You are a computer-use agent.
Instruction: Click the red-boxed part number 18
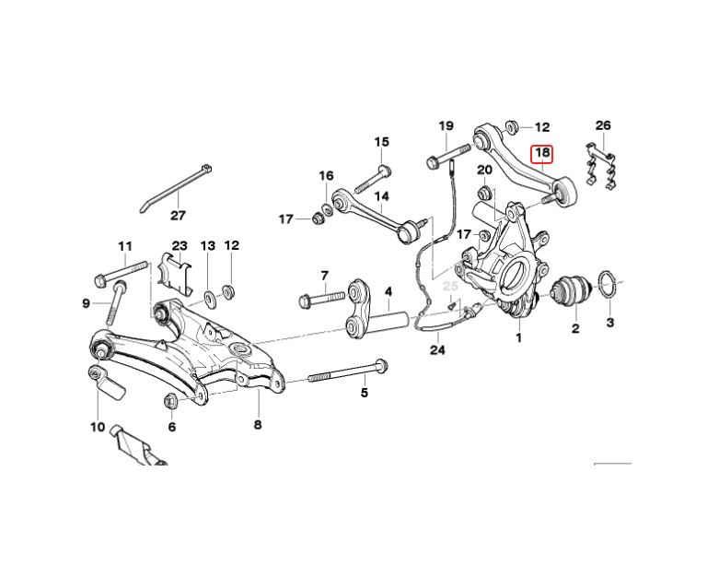pyautogui.click(x=543, y=153)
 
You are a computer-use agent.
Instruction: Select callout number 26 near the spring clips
pyautogui.click(x=603, y=125)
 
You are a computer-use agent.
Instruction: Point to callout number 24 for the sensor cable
pyautogui.click(x=436, y=350)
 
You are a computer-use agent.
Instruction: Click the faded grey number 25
pyautogui.click(x=450, y=287)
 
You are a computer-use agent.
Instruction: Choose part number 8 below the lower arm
pyautogui.click(x=258, y=425)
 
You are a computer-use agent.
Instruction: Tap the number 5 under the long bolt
pyautogui.click(x=364, y=394)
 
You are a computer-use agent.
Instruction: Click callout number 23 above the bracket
pyautogui.click(x=179, y=246)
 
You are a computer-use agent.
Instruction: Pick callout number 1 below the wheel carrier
pyautogui.click(x=518, y=338)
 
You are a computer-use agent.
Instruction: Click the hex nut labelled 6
pyautogui.click(x=171, y=400)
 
